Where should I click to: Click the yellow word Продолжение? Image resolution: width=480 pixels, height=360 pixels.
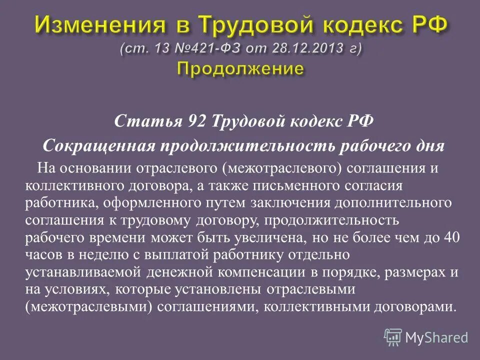pyautogui.click(x=240, y=68)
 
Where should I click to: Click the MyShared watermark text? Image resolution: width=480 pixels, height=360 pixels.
pyautogui.click(x=436, y=337)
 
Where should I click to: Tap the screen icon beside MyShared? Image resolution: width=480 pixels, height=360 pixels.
pyautogui.click(x=393, y=337)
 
